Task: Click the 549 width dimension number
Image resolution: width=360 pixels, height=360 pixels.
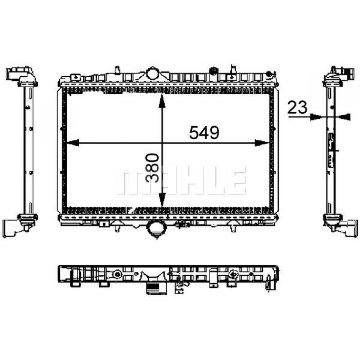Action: (x=204, y=132)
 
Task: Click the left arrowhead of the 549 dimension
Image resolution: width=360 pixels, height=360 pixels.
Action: (x=73, y=143)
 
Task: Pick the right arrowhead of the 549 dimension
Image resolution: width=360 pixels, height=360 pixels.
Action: (x=262, y=143)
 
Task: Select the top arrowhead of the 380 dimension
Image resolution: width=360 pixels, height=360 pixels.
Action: (x=162, y=100)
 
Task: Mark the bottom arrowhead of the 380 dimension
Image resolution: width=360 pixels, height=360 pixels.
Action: (x=162, y=199)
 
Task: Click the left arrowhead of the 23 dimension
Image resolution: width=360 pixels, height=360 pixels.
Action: (x=315, y=117)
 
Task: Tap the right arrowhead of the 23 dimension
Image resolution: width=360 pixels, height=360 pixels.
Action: (x=345, y=117)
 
